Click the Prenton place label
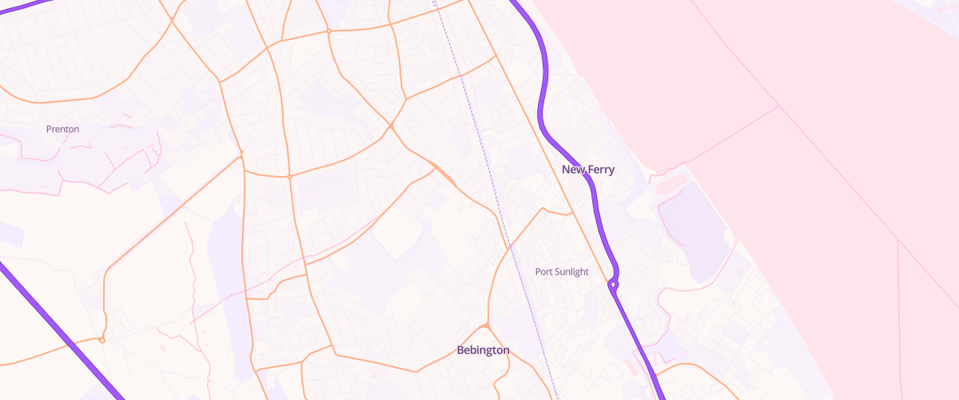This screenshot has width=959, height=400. (x=62, y=129)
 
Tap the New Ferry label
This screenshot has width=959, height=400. (x=588, y=170)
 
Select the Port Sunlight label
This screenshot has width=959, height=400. (x=562, y=272)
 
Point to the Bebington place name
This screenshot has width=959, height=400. (x=483, y=350)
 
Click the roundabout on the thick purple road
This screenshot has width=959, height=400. (x=613, y=284)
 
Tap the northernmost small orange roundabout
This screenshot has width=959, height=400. (x=328, y=31)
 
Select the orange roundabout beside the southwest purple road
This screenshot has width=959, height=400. (x=102, y=340)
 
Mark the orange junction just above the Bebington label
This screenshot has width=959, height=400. (x=486, y=326)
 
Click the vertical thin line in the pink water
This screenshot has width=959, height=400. (x=898, y=320)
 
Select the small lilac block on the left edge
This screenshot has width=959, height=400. (x=10, y=234)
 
